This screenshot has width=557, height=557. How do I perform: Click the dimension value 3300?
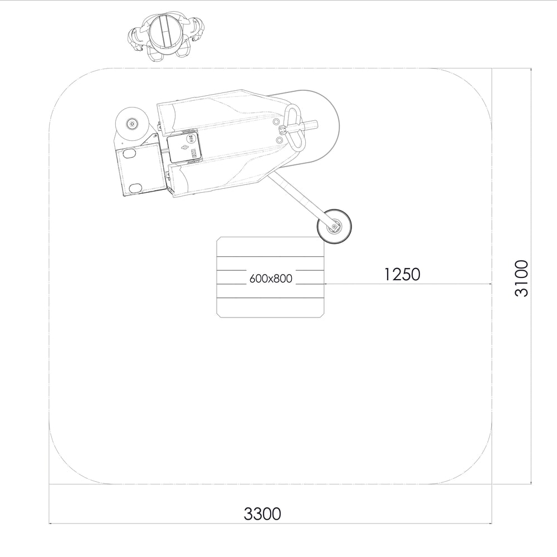tap(262, 514)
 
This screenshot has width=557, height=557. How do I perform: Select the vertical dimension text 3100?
tap(521, 278)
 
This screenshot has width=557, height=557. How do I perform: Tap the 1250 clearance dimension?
tap(402, 274)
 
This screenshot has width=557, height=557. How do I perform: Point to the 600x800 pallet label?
tap(271, 278)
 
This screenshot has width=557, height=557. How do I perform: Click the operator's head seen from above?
tap(164, 32)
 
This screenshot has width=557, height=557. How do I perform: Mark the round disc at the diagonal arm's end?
tap(334, 226)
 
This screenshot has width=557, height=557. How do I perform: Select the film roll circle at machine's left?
tap(132, 123)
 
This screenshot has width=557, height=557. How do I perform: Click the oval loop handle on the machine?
tap(295, 129)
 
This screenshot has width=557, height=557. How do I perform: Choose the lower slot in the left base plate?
tap(135, 187)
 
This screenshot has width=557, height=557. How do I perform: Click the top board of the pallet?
tap(271, 247)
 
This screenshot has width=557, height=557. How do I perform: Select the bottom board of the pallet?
tap(271, 307)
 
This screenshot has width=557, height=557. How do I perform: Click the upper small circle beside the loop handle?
tap(276, 121)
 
